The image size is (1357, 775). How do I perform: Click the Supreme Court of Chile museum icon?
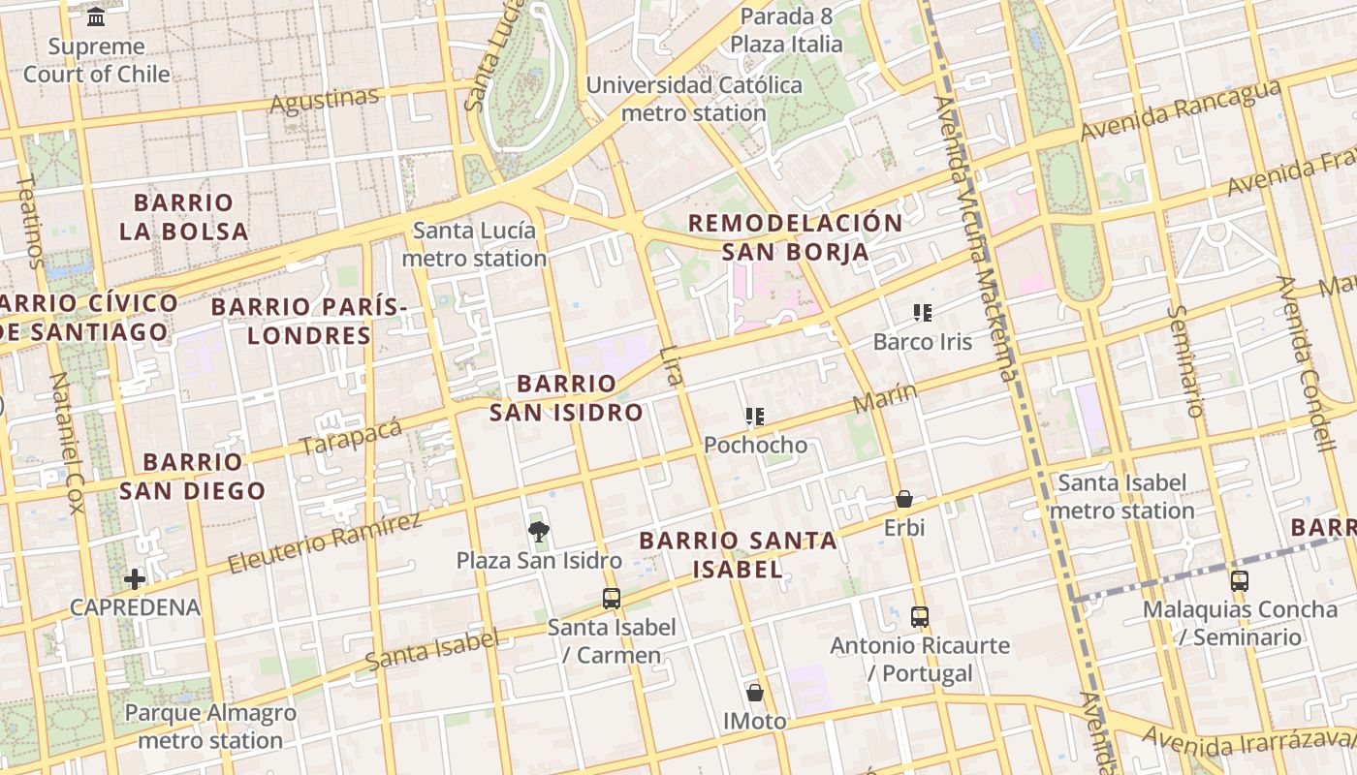96,17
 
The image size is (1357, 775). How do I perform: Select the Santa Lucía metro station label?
474,244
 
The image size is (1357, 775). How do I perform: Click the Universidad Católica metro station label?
694,99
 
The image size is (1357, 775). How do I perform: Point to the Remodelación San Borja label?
795,237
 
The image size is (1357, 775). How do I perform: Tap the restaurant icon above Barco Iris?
922,312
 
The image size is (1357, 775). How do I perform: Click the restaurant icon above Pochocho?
754,417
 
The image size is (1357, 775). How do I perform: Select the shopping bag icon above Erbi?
903,499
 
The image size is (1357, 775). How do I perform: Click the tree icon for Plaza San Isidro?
539,531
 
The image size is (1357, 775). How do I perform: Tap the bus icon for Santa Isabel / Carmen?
611,598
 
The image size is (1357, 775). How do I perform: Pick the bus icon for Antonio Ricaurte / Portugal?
920,616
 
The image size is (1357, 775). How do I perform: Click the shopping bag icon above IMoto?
755,693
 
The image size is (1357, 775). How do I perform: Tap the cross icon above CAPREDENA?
135,579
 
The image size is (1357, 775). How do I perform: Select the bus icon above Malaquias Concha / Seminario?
1239,581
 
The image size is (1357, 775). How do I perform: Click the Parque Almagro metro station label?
210,727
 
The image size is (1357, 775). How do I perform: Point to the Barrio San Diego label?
192,476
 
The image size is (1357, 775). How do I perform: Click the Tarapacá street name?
351,437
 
